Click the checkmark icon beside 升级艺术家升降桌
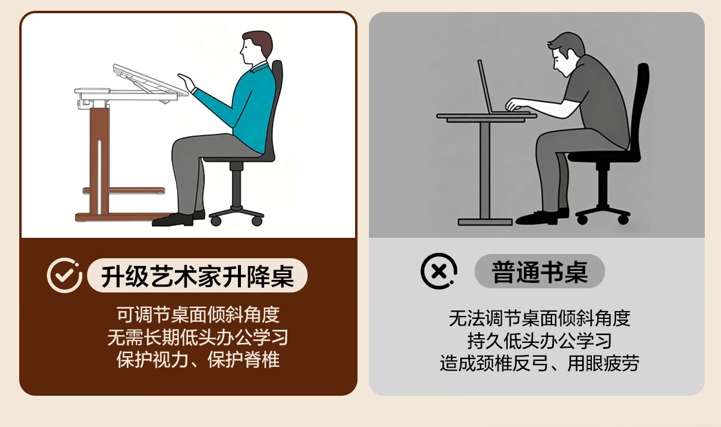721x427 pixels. point(64,275)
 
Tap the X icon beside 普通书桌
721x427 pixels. point(439,271)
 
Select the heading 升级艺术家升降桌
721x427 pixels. point(197,276)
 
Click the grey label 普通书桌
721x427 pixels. point(540,271)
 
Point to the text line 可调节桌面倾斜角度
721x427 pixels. point(198,314)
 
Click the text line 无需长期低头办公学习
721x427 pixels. point(198,337)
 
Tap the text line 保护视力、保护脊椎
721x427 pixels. point(198,359)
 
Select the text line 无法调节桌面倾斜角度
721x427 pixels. point(540,318)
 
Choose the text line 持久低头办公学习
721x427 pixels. point(540,341)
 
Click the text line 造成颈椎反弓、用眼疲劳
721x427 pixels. point(540,363)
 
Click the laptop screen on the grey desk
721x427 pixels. point(485,86)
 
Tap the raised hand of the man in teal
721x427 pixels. point(187,82)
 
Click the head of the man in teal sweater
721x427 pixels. point(256,47)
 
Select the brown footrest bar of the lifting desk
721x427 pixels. point(124,191)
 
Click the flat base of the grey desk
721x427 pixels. point(485,222)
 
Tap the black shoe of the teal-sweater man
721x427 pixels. point(173,220)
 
